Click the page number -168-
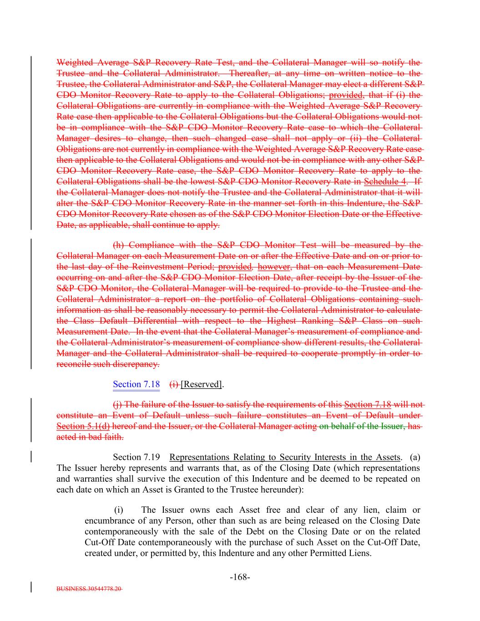pyautogui.click(x=240, y=577)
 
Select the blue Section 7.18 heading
pyautogui.click(x=136, y=384)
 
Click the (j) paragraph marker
pyautogui.click(x=117, y=404)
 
